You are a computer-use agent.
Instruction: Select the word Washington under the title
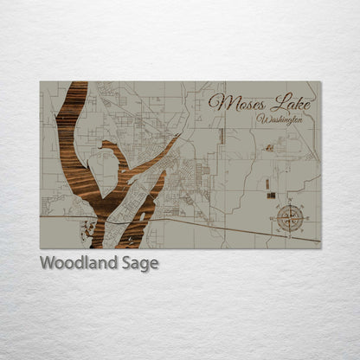click(x=280, y=119)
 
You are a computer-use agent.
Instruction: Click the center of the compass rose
click(x=290, y=218)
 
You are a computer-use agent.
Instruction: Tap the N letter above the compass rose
click(x=290, y=202)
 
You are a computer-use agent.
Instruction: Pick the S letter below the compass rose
click(x=290, y=235)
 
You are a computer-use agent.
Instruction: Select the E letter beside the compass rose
click(x=306, y=218)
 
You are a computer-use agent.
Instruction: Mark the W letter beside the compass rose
click(x=273, y=218)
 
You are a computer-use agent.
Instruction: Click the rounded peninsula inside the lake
click(x=110, y=157)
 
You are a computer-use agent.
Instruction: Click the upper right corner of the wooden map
click(x=319, y=82)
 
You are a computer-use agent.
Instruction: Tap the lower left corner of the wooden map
click(x=41, y=247)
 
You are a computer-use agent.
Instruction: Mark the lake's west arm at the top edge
click(x=75, y=85)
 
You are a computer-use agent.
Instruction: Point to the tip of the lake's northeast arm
click(x=177, y=136)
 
